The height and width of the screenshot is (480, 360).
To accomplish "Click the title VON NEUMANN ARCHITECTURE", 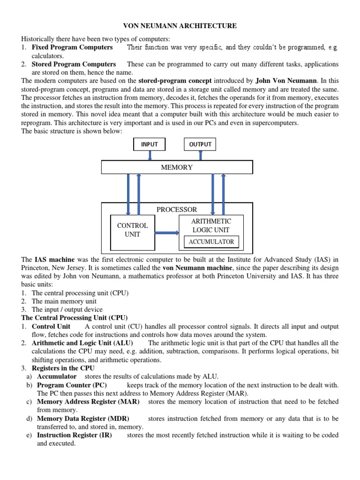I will pos(180,26).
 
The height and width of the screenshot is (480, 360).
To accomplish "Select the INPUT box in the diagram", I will pos(150,144).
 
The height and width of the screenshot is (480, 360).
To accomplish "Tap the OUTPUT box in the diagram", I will pos(200,144).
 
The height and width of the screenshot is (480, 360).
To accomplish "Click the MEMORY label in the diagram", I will pos(177,167).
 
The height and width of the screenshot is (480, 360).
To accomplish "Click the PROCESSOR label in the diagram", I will pos(177,210).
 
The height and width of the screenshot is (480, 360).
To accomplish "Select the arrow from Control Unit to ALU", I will pos(166,232).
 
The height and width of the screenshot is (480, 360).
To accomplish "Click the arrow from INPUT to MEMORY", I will pos(150,155).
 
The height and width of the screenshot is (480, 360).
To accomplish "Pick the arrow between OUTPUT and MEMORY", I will pos(200,155).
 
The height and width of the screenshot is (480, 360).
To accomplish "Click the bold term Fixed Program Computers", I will pos(72,47).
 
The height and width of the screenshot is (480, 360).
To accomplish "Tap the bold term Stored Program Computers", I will pos(74,64).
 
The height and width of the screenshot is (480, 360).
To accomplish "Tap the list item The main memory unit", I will pos(58,301).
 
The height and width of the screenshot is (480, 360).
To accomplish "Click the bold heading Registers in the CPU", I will pos(63,368).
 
